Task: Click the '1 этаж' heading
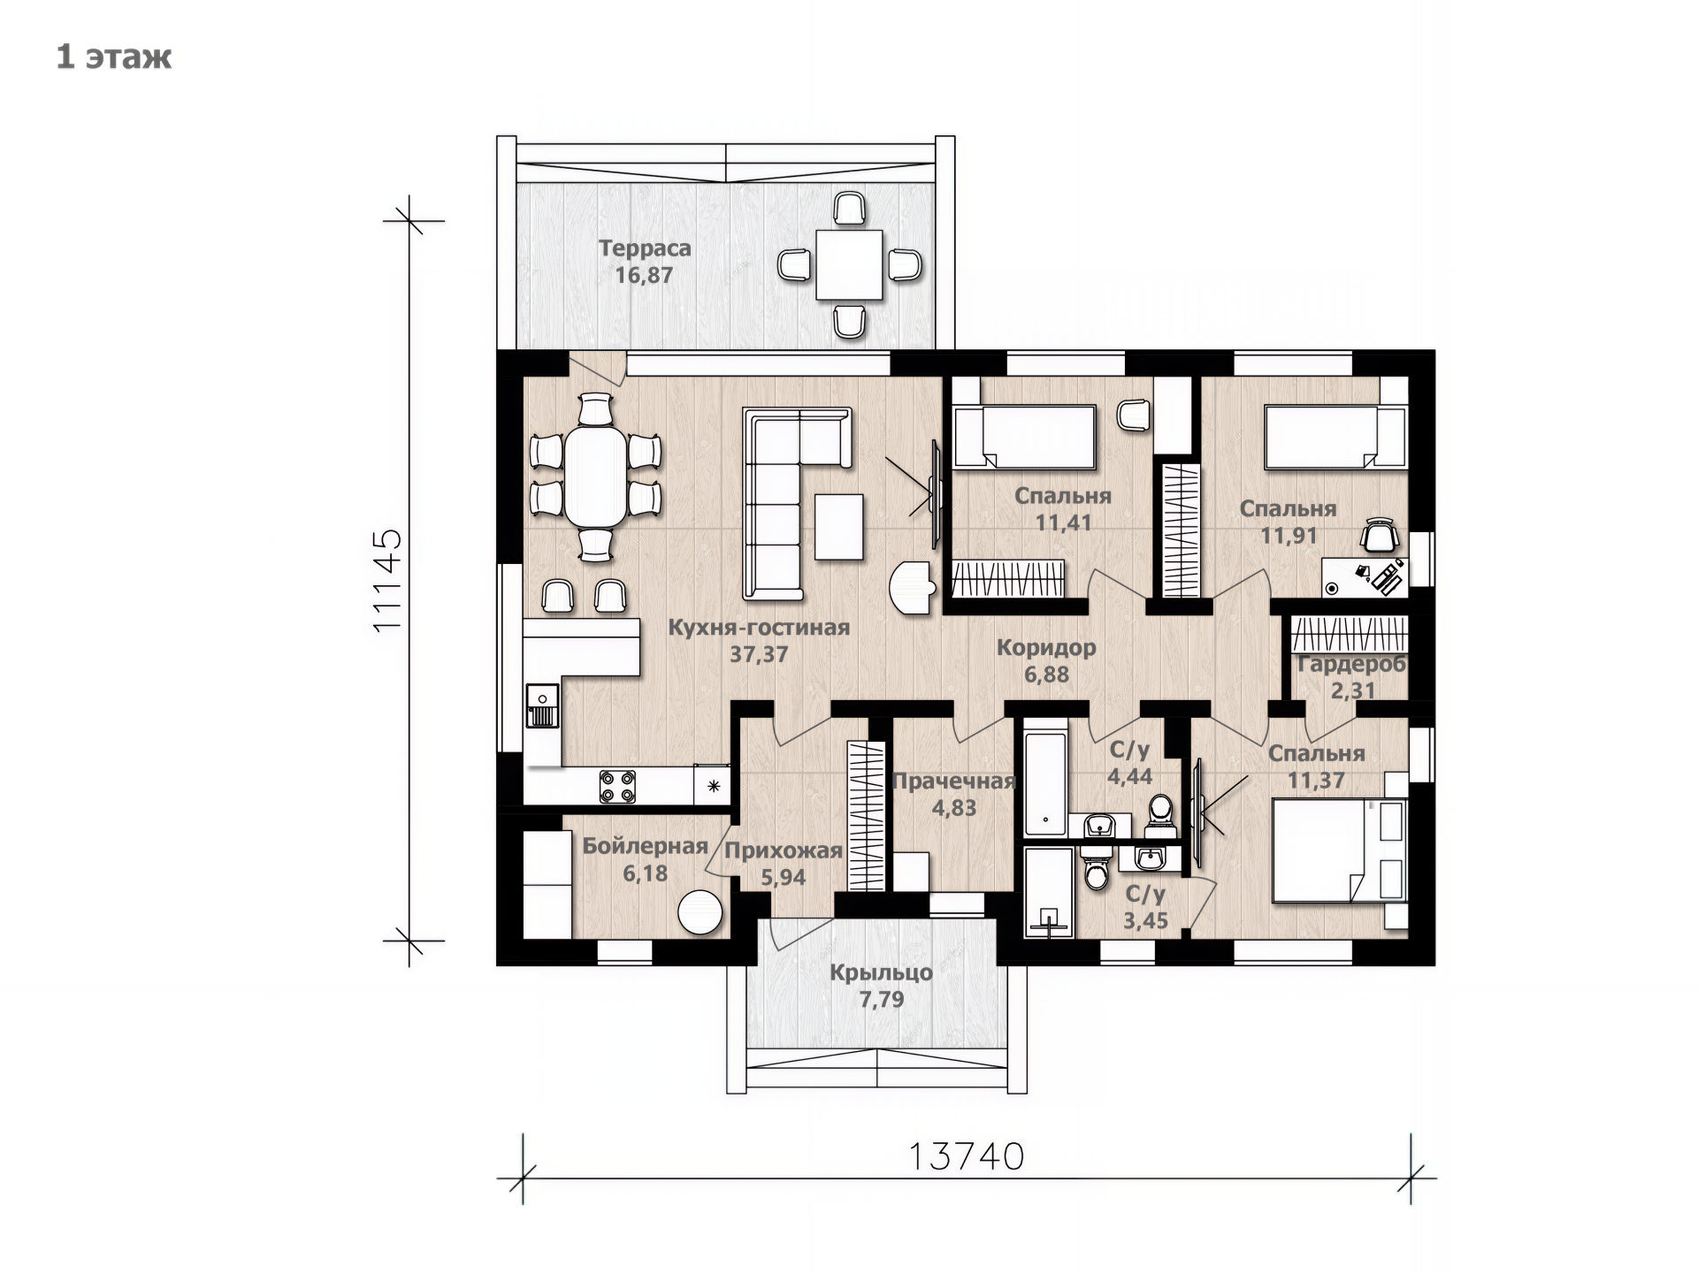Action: tap(114, 57)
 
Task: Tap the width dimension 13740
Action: tap(966, 1155)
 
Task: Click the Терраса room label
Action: tap(645, 248)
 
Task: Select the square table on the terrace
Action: tap(849, 264)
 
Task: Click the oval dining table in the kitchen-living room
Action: tap(595, 476)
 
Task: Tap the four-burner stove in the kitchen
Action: tap(617, 786)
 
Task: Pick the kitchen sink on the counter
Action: tap(542, 705)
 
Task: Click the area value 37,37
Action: tap(759, 655)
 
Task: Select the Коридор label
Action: tap(1046, 648)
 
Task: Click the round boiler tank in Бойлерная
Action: tap(700, 911)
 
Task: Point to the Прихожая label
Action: tap(783, 851)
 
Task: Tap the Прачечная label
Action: tap(953, 781)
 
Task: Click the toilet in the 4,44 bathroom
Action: tap(1159, 814)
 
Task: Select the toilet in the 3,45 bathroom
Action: tap(1097, 869)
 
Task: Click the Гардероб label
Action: tap(1351, 665)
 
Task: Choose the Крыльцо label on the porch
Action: tap(881, 973)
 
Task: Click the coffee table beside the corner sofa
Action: tap(838, 526)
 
